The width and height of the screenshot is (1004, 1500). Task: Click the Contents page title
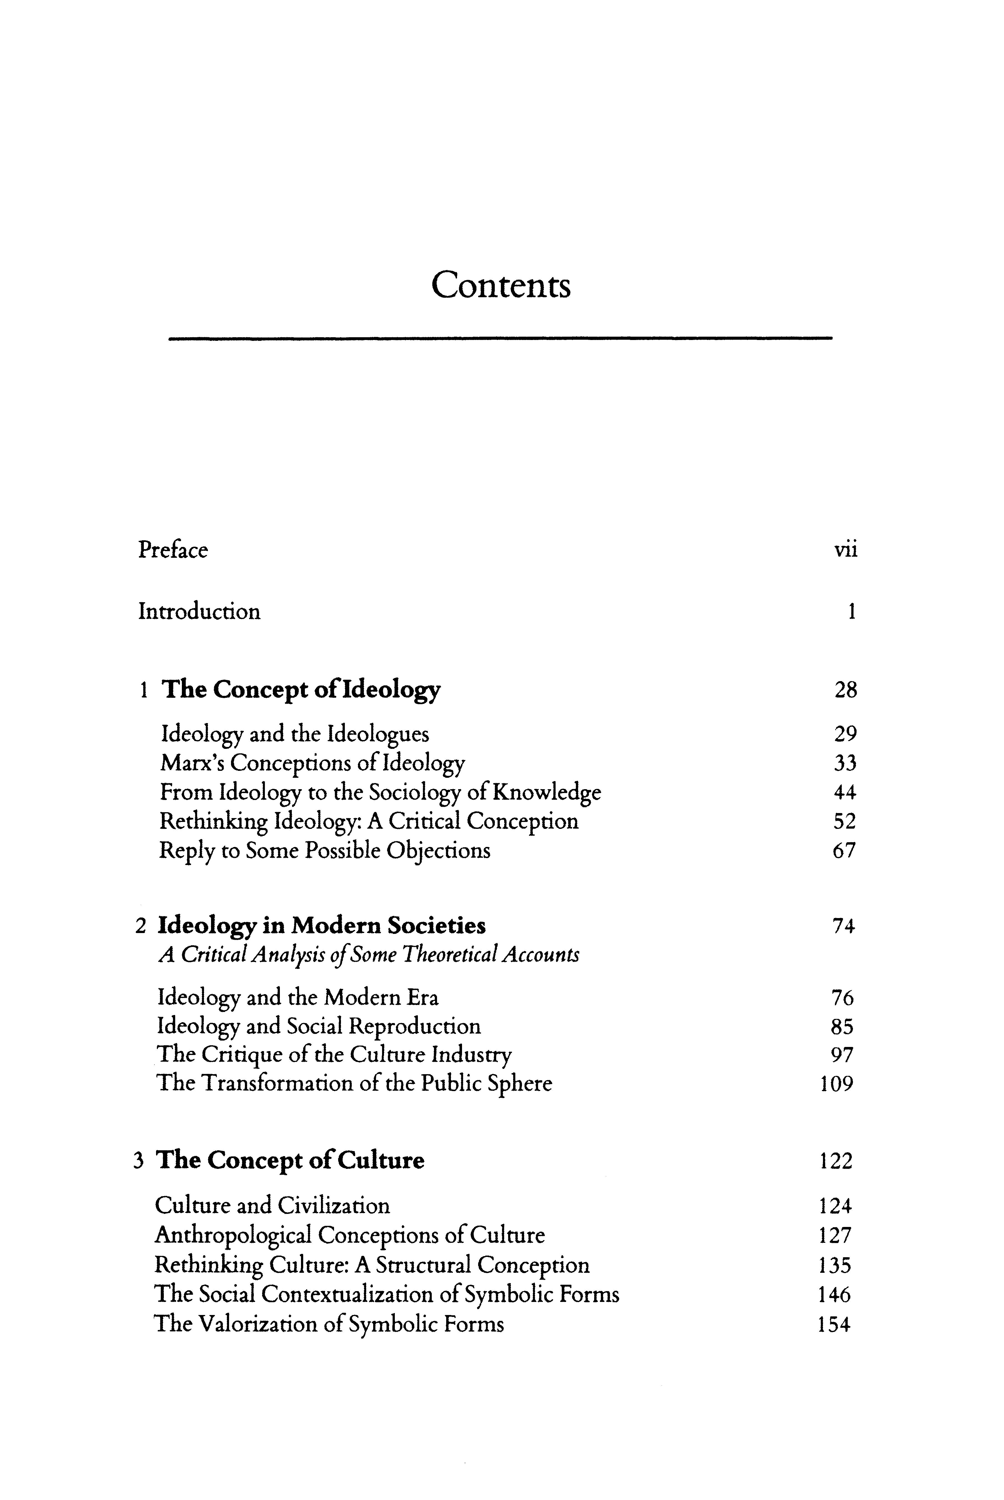(x=501, y=285)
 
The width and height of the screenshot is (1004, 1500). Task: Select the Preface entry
(x=173, y=550)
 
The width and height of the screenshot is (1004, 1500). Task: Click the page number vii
(x=845, y=550)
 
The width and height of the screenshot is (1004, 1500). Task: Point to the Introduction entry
(x=199, y=612)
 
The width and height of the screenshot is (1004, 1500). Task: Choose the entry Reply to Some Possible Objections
(x=325, y=851)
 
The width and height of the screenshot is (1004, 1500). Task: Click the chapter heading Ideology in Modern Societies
(x=322, y=926)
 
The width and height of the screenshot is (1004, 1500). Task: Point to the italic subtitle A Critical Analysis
(x=368, y=956)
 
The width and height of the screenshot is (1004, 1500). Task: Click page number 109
(x=836, y=1084)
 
